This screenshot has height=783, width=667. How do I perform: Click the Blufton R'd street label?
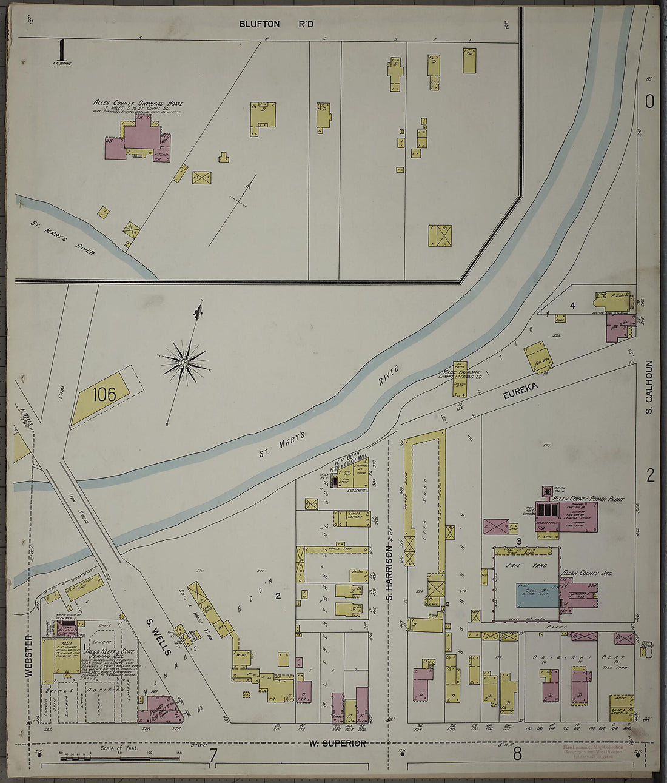pos(267,24)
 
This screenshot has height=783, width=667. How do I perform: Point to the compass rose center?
pos(184,363)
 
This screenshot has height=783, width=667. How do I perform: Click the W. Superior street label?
pos(337,743)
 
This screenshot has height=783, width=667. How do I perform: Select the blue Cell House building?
pos(537,595)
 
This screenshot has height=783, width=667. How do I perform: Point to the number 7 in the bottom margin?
pos(213,755)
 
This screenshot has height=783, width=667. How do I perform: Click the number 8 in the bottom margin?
pos(517,755)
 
